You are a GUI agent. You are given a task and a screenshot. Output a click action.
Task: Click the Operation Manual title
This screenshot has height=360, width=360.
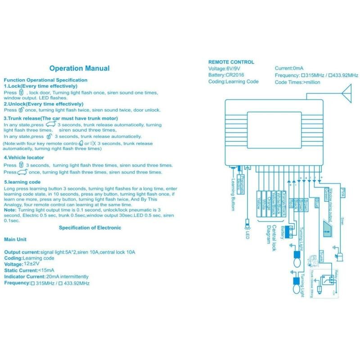click(79, 68)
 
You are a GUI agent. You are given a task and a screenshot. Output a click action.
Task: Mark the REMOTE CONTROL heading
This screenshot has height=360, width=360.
click(231, 62)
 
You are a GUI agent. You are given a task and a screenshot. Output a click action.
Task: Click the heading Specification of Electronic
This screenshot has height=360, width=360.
click(90, 228)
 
